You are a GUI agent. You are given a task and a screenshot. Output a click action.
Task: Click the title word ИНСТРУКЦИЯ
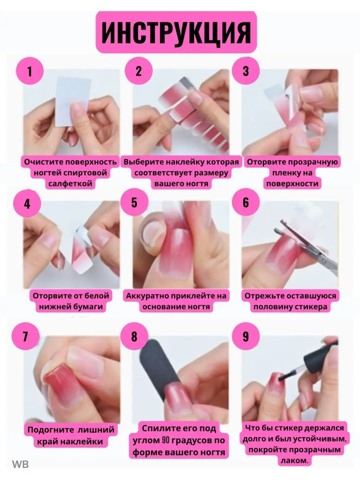coord(176,32)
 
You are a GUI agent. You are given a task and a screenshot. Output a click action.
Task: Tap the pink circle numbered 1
coord(30,71)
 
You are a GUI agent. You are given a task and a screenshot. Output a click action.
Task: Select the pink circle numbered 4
coord(27,204)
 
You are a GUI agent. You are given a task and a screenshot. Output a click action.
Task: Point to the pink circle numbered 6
coord(246,202)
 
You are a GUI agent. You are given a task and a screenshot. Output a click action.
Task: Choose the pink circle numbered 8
coord(134,336)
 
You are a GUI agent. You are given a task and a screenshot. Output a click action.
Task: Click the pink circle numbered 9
coord(246,336)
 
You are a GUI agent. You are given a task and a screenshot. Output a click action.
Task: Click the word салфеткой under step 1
coord(70,184)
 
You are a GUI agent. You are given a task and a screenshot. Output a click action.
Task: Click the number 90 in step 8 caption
coord(166,440)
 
